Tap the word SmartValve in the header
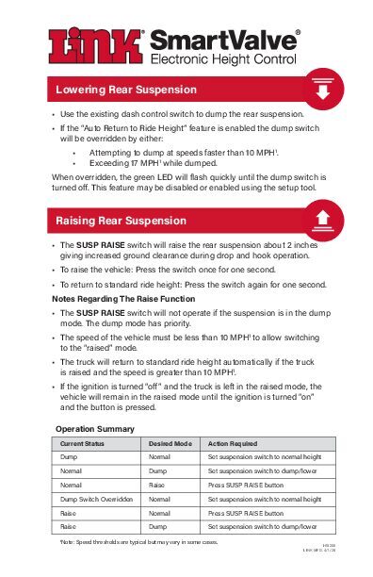(x=223, y=41)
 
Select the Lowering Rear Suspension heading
(x=126, y=91)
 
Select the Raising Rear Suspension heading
(x=121, y=221)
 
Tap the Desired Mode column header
(x=170, y=441)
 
